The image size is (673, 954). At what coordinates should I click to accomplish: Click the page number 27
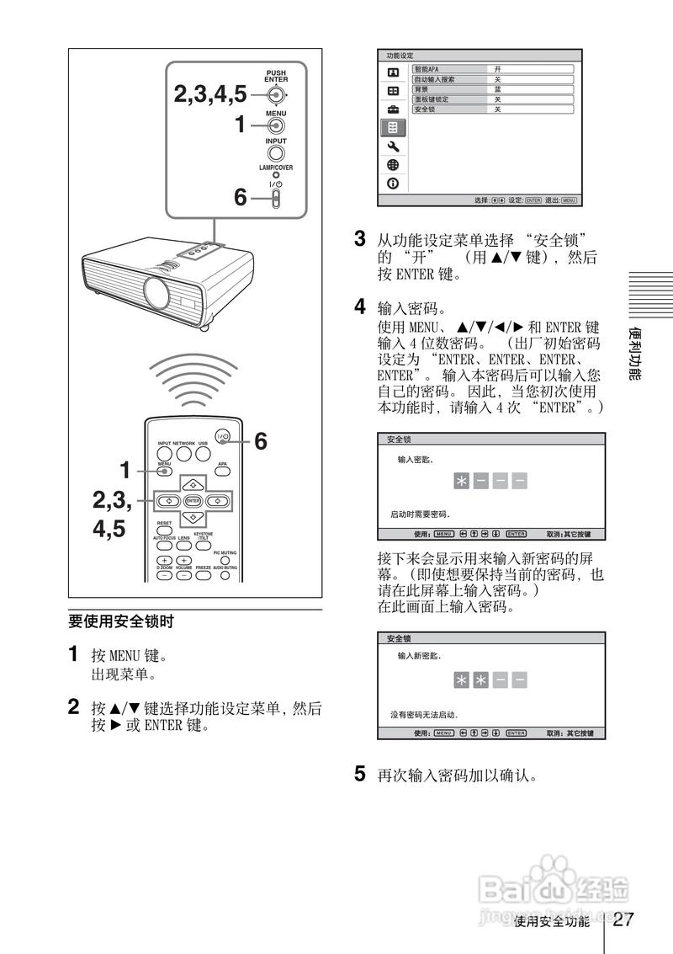click(623, 919)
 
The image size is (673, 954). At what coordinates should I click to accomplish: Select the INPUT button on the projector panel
click(276, 155)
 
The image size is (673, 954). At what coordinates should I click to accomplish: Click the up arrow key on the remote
click(193, 484)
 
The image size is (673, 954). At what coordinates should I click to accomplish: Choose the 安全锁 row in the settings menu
click(492, 109)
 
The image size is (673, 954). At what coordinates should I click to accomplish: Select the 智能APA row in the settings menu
click(492, 69)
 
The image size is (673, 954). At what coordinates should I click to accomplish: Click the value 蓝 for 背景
click(498, 89)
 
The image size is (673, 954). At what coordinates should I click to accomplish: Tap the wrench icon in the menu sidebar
click(392, 147)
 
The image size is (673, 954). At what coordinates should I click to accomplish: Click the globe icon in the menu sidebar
click(392, 165)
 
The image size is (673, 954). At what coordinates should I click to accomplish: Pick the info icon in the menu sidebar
click(392, 184)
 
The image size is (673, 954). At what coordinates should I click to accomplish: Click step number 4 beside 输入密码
click(360, 305)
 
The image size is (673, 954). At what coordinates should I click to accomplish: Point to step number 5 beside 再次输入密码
click(360, 772)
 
